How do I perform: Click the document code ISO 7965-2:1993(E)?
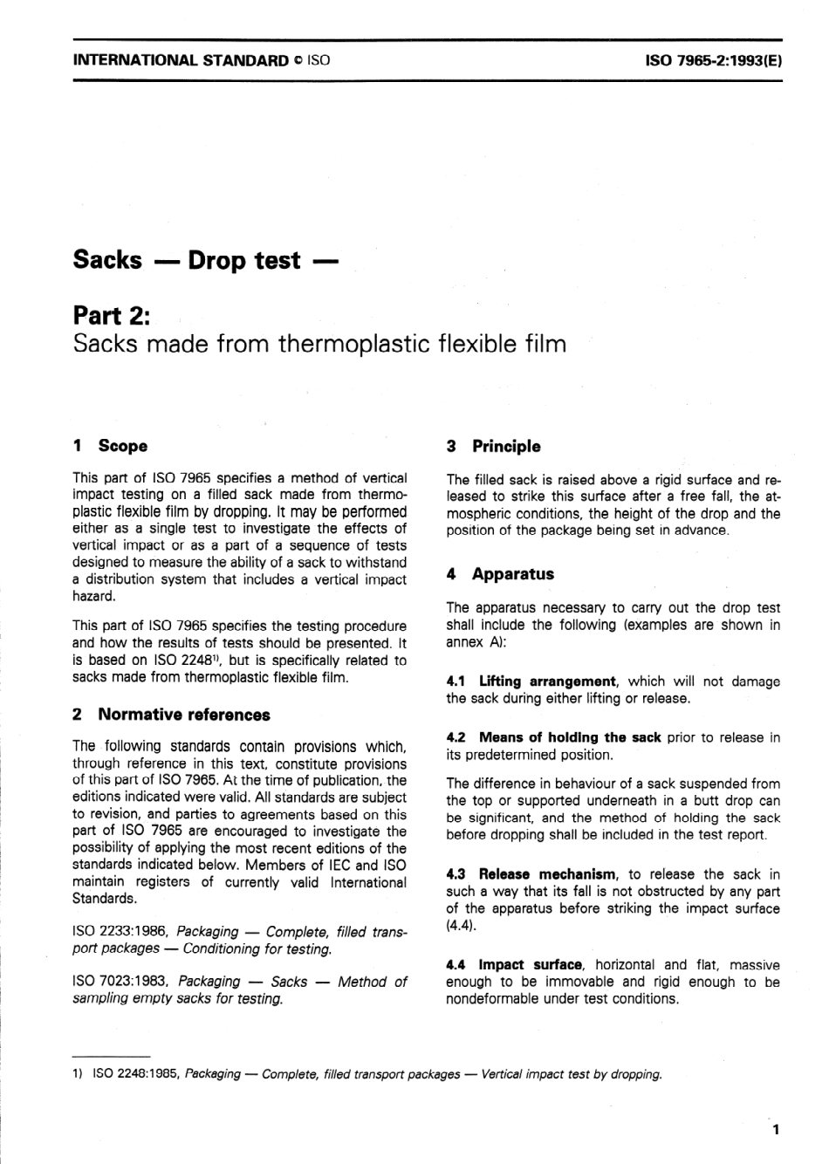711,61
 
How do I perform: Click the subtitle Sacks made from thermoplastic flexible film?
319,344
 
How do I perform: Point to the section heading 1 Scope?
111,446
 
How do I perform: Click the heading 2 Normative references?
172,715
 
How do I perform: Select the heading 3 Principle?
494,446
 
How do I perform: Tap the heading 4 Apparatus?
500,574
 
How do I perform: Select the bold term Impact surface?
530,965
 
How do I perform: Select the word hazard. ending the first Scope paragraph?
94,596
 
